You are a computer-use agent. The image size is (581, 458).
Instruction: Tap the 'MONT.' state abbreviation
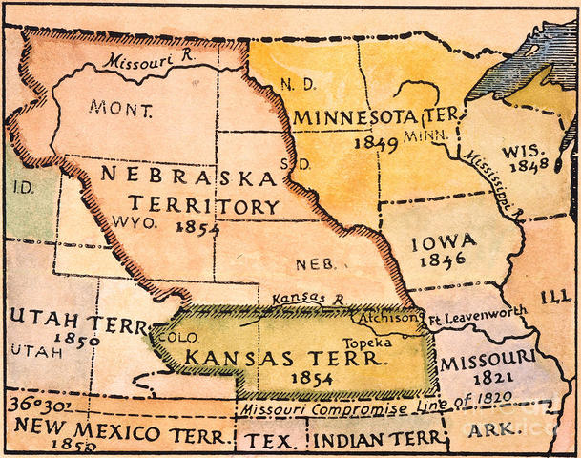tap(120, 108)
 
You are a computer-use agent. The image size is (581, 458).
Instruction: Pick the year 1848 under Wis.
tap(529, 166)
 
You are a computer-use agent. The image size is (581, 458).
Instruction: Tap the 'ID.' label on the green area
tap(22, 187)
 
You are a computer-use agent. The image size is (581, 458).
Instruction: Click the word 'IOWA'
tap(444, 244)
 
